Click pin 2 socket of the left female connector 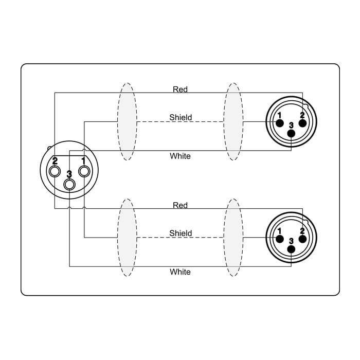coord(55,171)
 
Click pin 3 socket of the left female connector coord(69,184)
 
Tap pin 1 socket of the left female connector coord(84,171)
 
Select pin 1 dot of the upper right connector coord(280,123)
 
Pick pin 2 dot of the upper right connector coord(302,123)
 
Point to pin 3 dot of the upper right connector coord(292,133)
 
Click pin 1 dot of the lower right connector coord(280,240)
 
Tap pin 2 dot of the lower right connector coord(302,240)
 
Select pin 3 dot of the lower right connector coord(292,249)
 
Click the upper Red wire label coord(180,89)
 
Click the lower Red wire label coord(180,205)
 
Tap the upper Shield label coord(181,117)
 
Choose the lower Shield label coord(181,233)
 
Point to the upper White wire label coord(180,156)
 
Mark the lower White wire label coord(180,272)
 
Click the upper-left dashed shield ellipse coord(127,122)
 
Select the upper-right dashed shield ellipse coord(233,122)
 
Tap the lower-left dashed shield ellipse coord(127,238)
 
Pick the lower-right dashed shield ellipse coord(233,238)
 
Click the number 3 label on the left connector coord(69,174)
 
